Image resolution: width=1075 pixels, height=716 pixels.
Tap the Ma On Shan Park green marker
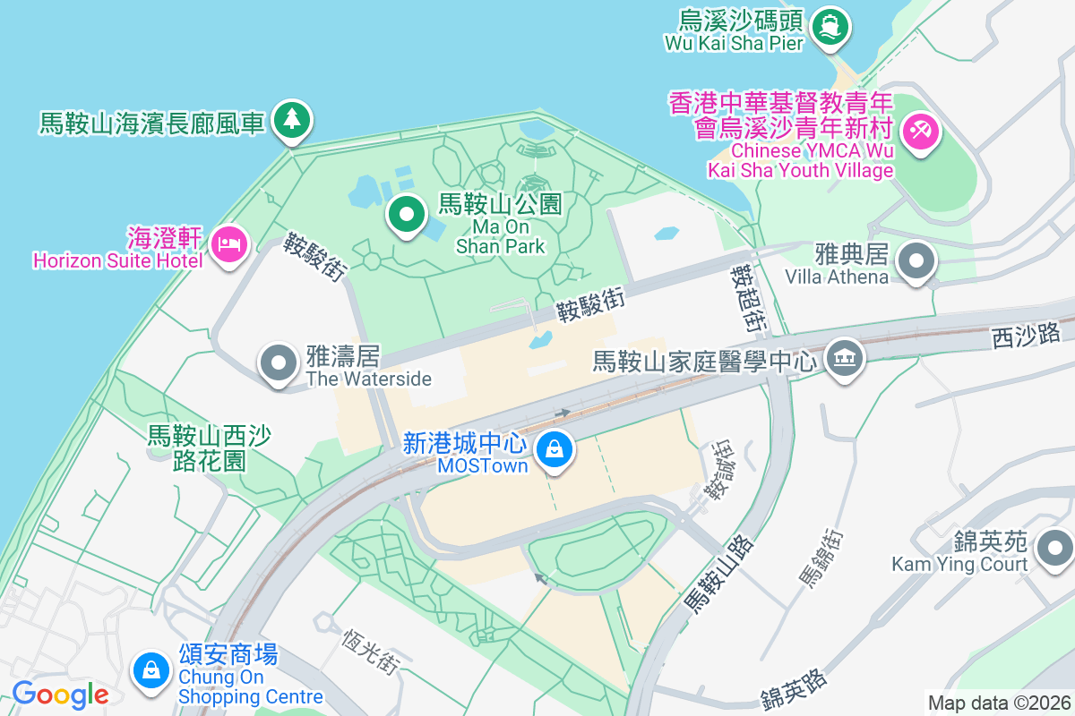[407, 215]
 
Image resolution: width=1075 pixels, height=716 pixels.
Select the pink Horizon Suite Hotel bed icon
[229, 243]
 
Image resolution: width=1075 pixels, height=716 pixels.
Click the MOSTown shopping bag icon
[555, 447]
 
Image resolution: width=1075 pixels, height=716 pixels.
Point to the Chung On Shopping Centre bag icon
[151, 669]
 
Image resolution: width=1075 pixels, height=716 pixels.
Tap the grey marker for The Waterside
[279, 363]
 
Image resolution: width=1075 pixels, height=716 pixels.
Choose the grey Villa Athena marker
[916, 262]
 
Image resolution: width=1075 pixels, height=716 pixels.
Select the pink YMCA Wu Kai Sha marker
[919, 132]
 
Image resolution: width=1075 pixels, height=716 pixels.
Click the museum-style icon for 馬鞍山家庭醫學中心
[844, 358]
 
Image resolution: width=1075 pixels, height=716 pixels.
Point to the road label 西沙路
[1026, 336]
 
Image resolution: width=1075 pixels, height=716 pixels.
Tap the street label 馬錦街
[821, 558]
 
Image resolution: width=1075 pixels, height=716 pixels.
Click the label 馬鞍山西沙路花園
[210, 448]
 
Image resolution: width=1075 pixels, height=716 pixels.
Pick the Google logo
[61, 694]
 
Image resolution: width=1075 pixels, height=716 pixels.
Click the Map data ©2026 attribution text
[998, 703]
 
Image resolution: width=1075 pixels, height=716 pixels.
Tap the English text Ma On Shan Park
[500, 236]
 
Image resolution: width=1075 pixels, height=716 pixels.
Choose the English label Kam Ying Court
[959, 565]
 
